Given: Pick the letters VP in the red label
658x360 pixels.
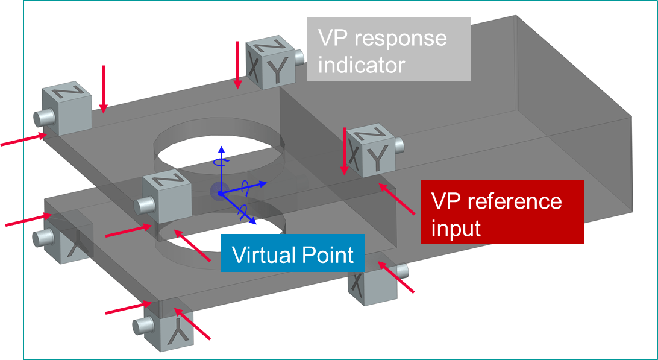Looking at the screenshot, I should [x=448, y=201].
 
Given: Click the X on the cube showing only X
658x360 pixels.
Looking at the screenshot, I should [x=358, y=282].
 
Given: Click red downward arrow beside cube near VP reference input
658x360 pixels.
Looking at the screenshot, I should [x=344, y=151].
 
